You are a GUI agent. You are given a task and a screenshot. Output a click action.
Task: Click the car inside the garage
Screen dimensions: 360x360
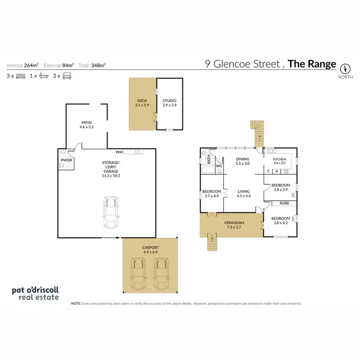110,213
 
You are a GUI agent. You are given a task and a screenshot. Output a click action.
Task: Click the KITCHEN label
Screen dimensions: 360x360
279,160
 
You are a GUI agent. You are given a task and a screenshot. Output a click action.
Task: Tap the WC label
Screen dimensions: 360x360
219,167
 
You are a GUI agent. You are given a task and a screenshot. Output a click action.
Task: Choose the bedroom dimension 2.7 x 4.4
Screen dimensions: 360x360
212,196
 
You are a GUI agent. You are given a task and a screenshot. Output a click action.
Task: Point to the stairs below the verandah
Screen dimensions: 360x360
211,243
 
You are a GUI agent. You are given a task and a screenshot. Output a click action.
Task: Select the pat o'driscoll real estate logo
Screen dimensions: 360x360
35,293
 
